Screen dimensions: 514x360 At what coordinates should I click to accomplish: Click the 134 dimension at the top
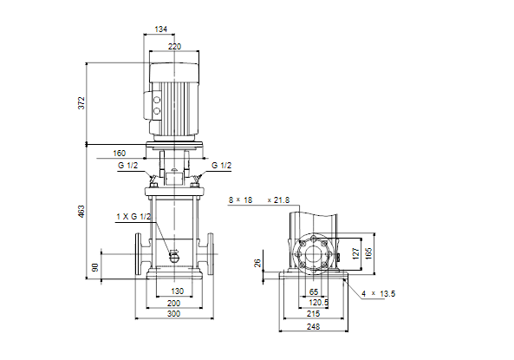tap(160, 29)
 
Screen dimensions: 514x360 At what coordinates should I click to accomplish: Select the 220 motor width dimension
tap(174, 47)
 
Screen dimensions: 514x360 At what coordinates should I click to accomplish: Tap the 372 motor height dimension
tap(81, 103)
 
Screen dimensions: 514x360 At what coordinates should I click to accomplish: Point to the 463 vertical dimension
tap(81, 212)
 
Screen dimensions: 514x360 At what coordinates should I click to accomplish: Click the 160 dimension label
tap(120, 154)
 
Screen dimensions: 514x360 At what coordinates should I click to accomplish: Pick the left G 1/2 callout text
tap(127, 166)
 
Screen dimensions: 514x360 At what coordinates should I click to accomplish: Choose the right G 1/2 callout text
tap(222, 166)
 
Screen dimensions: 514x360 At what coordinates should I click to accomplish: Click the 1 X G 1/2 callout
tap(133, 217)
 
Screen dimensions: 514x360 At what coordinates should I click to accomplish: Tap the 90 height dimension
tap(95, 267)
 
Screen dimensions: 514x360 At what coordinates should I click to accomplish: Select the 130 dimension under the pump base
tap(178, 291)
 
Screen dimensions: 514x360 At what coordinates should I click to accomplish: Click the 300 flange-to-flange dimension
tap(173, 314)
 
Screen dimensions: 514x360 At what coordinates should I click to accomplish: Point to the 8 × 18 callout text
tap(241, 200)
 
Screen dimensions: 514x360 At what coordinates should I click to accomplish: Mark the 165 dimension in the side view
tap(368, 253)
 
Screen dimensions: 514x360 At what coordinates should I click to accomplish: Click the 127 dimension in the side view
tap(356, 253)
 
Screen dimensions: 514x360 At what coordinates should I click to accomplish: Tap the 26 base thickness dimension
tap(257, 263)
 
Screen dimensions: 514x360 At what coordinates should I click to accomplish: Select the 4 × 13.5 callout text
tap(378, 294)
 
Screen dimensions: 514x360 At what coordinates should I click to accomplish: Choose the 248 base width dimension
tap(314, 326)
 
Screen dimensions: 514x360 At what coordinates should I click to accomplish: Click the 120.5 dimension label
tap(319, 303)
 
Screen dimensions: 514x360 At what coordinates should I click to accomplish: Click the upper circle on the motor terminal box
tap(157, 100)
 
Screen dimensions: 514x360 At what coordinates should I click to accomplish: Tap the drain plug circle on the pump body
tap(173, 258)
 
